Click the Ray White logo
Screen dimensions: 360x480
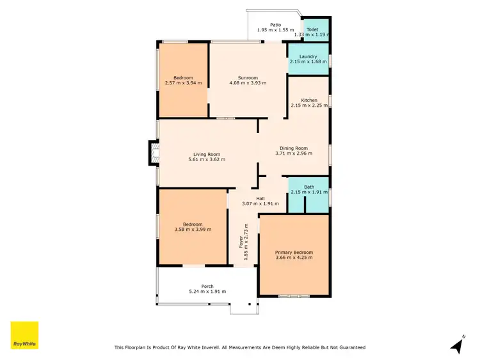coord(24,335)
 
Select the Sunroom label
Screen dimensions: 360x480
coord(248,77)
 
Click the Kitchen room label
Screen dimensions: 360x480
coord(309,100)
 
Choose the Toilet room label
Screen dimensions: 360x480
coord(312,30)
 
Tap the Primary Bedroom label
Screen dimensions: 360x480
coord(294,253)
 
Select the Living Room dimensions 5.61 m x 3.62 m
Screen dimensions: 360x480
coord(207,159)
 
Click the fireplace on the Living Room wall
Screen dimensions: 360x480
coord(152,152)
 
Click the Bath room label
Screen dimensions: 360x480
coord(309,187)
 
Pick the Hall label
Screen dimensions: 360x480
coord(260,198)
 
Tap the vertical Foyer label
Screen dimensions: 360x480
coord(241,244)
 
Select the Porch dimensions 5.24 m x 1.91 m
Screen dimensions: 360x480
coord(207,292)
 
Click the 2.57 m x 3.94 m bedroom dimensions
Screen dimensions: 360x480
coord(183,83)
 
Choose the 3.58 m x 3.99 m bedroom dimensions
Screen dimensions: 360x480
coord(193,230)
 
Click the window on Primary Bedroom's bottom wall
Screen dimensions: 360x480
coord(294,296)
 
